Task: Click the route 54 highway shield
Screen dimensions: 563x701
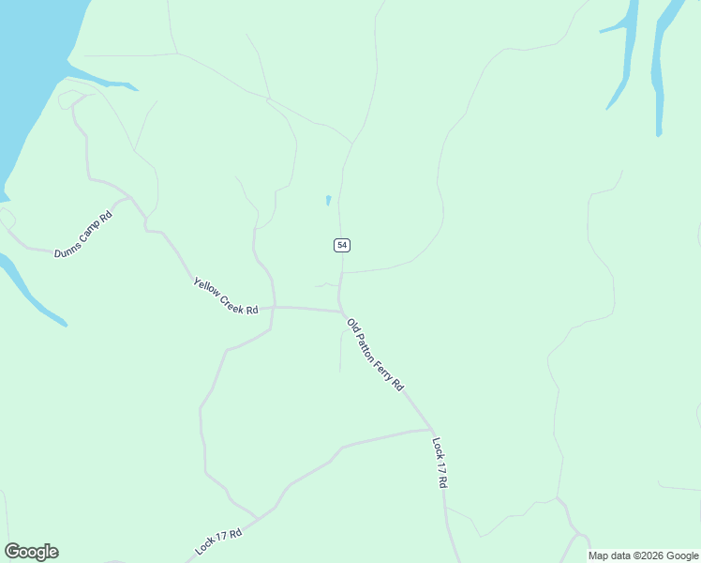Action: tap(341, 245)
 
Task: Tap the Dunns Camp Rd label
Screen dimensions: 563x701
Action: tap(83, 236)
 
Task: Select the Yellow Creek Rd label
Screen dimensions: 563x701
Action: tap(225, 297)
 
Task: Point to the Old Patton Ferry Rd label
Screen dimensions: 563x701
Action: tap(375, 355)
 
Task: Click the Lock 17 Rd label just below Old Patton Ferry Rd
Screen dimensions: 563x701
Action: tap(440, 462)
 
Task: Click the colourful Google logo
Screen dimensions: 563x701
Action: tap(31, 552)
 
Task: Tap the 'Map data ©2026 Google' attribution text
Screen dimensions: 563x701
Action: tap(643, 555)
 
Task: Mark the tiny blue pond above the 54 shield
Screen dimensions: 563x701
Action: tap(328, 200)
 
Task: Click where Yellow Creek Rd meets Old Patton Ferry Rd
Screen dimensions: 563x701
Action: tap(341, 311)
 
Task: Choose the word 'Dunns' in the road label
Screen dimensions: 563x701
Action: tap(67, 248)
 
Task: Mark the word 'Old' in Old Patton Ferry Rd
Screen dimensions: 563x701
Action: tap(352, 326)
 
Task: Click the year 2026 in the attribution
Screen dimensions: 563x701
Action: tap(653, 555)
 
